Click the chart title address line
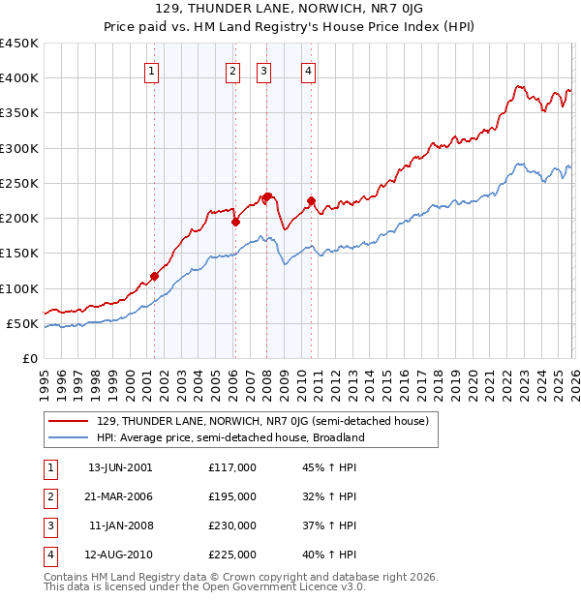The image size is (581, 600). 290,11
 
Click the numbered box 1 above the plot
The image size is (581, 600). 153,70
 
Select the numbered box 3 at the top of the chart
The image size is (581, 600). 264,70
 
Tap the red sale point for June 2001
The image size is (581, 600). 154,276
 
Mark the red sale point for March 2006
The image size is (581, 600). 235,222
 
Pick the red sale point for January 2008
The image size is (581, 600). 266,197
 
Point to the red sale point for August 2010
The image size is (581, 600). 311,201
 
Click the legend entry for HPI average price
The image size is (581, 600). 229,437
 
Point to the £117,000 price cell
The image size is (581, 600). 232,467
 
